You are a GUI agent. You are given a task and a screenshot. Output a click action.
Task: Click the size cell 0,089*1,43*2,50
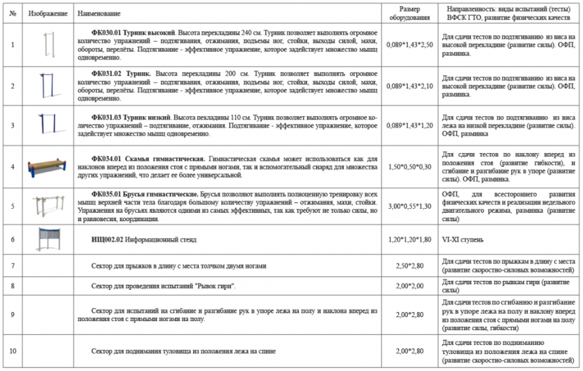click(409, 45)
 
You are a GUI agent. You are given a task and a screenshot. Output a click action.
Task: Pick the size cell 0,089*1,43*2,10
click(409, 86)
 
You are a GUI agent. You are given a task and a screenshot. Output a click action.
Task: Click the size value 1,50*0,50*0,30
click(409, 167)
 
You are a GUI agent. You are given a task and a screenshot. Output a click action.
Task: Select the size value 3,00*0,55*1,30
click(409, 206)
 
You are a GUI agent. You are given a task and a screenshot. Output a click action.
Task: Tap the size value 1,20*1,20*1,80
click(409, 239)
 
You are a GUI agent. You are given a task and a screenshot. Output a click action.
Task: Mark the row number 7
click(13, 266)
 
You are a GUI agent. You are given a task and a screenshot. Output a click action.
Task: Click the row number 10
click(13, 351)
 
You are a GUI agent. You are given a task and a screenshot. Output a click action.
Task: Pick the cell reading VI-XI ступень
click(463, 239)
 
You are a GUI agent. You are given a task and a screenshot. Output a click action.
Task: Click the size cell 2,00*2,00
click(409, 285)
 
